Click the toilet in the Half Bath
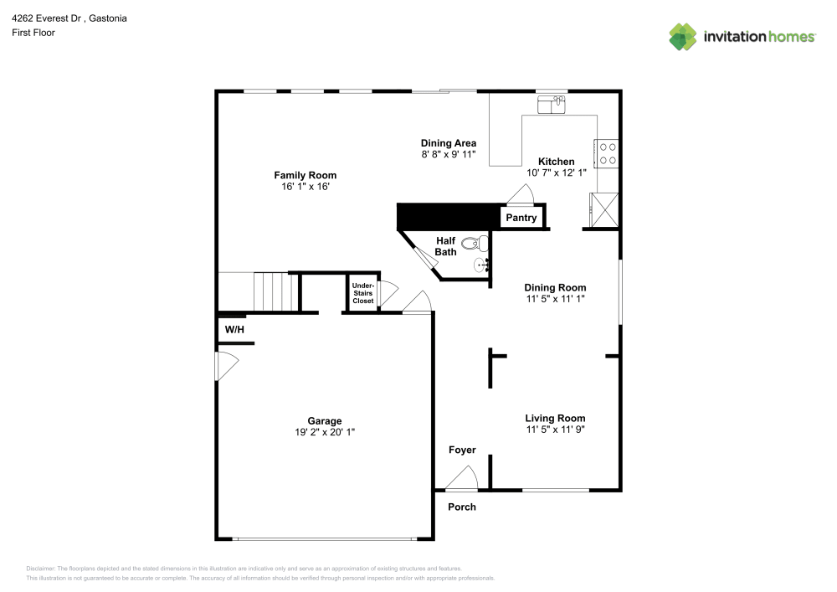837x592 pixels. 474,245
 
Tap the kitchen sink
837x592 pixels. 552,104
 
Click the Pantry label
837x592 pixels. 521,218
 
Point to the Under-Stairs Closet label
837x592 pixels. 362,293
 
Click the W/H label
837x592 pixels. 234,330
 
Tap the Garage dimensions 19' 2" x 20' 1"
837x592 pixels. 324,433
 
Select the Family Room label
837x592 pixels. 305,175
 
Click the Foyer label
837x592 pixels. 462,450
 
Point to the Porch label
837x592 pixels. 462,507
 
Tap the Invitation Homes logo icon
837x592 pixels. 683,36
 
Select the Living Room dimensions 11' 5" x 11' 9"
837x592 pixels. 555,430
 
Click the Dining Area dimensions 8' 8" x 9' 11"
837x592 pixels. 448,155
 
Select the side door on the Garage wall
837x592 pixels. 227,366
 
